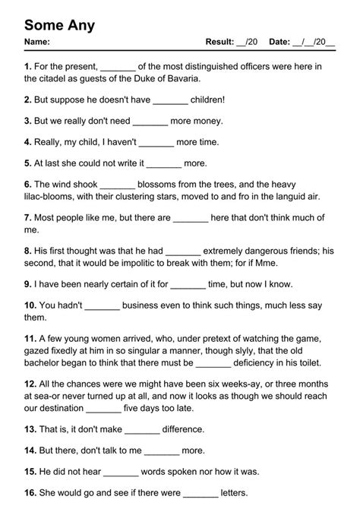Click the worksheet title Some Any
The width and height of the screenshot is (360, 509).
pyautogui.click(x=60, y=25)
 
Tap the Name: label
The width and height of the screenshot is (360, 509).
pyautogui.click(x=37, y=43)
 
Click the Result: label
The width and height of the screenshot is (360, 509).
pyautogui.click(x=220, y=43)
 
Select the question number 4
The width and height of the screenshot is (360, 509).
pyautogui.click(x=28, y=141)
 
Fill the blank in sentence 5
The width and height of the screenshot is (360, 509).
pyautogui.click(x=163, y=163)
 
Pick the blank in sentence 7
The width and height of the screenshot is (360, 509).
pyautogui.click(x=191, y=217)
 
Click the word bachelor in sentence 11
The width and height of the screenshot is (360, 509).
pyautogui.click(x=47, y=363)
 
